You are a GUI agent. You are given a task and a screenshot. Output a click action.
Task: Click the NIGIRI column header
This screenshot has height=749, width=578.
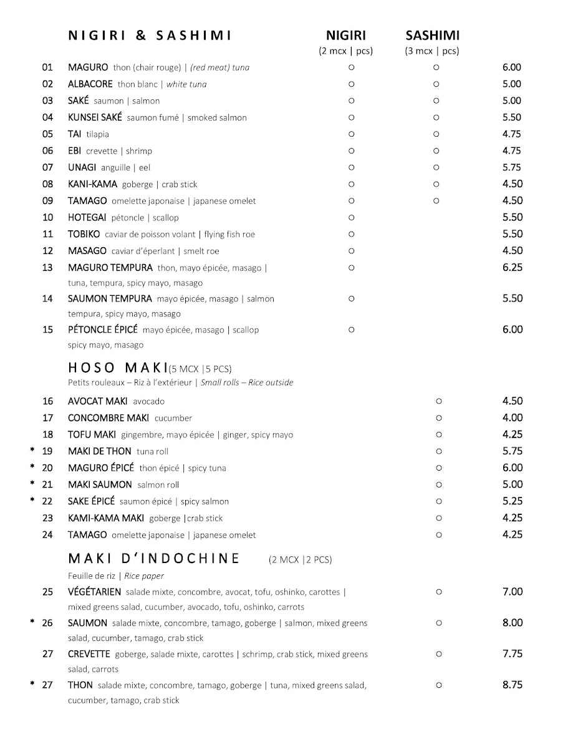pos(346,36)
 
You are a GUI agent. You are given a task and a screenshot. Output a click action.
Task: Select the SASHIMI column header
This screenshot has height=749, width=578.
pos(432,36)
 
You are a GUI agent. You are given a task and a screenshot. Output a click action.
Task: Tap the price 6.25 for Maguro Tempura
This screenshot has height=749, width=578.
pos(512,267)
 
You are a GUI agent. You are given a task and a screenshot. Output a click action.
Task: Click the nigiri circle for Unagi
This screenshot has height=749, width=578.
pos(351,167)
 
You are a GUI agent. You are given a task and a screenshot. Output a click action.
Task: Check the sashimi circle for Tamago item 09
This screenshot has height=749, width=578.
pos(436,201)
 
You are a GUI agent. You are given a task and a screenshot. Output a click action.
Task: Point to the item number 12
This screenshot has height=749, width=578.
pos(48,251)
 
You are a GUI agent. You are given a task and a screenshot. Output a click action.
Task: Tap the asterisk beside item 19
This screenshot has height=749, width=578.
pos(32,451)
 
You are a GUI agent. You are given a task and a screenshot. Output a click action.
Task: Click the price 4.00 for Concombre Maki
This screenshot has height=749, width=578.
pos(512,418)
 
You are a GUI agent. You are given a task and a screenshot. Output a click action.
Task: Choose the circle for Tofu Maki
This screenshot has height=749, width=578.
pos(438,434)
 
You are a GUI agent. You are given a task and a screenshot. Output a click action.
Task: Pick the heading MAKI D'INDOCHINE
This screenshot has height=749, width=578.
pos(153,558)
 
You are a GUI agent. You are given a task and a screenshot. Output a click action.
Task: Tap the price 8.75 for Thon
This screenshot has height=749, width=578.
pos(512,685)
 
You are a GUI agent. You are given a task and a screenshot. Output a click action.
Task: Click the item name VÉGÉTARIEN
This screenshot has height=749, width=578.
pos(94,592)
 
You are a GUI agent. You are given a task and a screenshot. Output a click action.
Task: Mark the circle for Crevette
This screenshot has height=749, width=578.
pos(438,654)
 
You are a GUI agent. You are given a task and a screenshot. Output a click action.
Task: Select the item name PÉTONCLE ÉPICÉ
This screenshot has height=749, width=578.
pos(102,330)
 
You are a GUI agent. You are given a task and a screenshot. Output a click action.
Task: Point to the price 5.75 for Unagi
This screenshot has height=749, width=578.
pos(512,167)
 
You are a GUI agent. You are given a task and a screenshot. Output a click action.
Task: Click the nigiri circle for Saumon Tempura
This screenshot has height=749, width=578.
pos(351,298)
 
